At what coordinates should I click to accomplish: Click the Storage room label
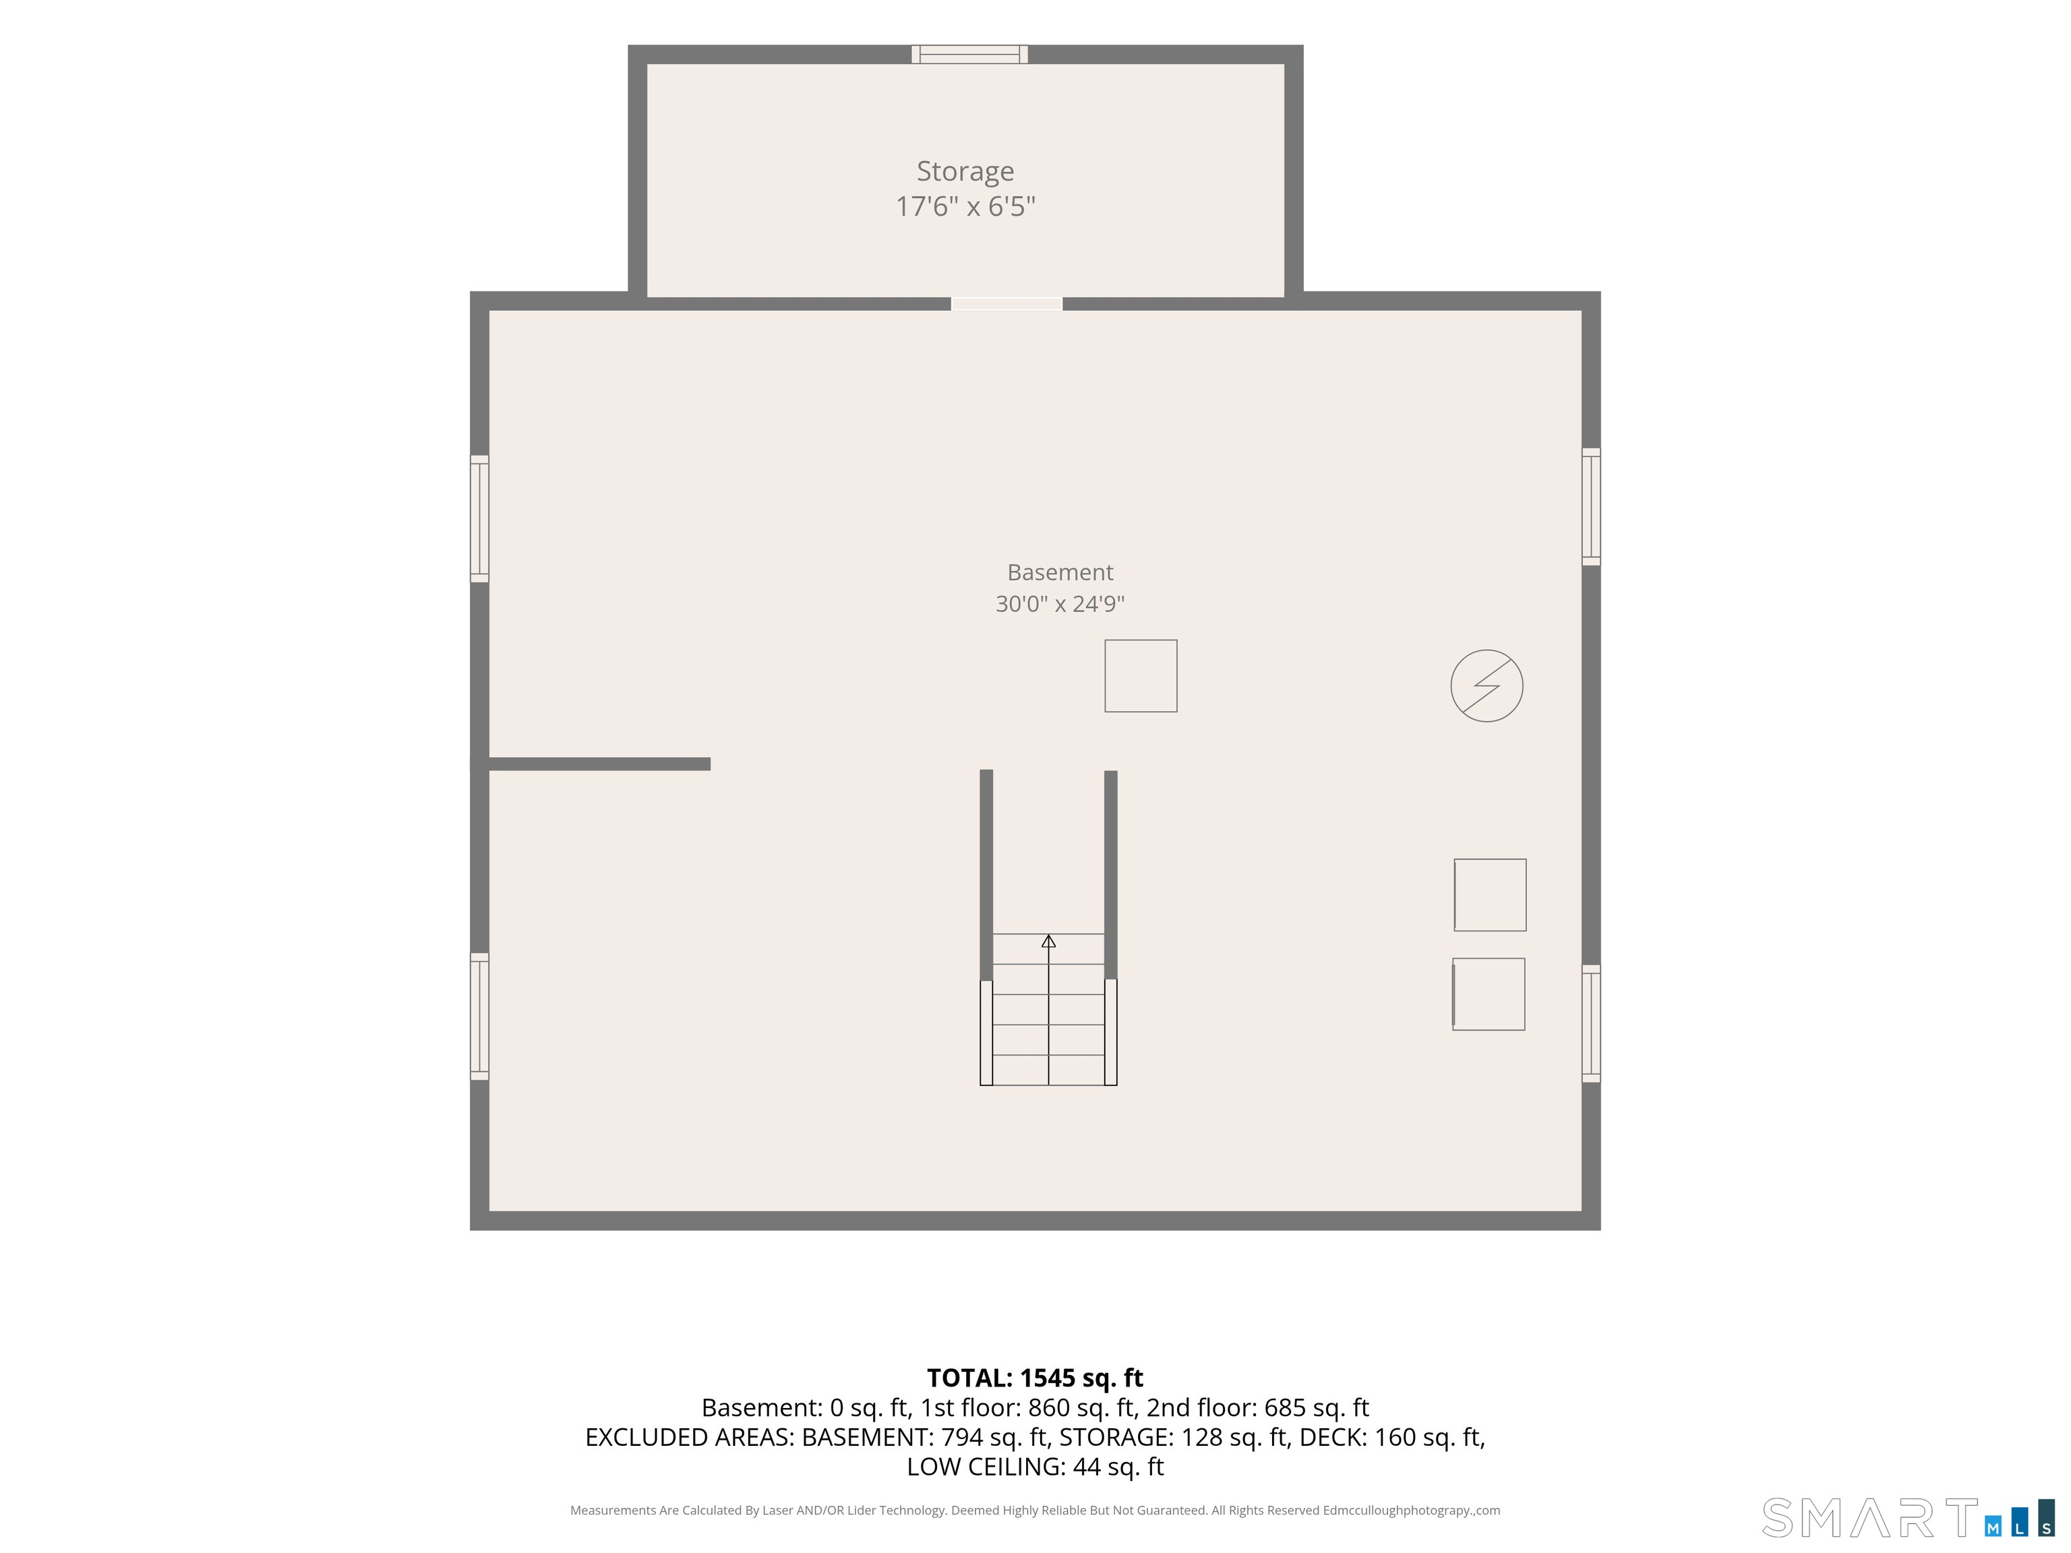[x=965, y=171]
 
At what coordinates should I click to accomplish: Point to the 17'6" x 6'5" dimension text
[x=965, y=206]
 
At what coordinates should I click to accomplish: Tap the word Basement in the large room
[x=1060, y=572]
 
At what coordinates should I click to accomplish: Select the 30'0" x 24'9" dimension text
[x=1060, y=604]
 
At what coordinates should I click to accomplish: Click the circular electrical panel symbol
[x=1487, y=686]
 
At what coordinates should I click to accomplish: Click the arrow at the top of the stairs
[x=1048, y=941]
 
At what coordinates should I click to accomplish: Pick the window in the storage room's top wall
[x=970, y=55]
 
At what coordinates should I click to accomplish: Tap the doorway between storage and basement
[x=1007, y=303]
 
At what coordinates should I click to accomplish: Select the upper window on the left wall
[x=479, y=518]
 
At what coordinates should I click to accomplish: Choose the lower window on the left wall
[x=479, y=1016]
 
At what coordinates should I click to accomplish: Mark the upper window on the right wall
[x=1592, y=506]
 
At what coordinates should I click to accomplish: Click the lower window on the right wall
[x=1592, y=1024]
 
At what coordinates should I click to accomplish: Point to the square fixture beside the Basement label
[x=1141, y=676]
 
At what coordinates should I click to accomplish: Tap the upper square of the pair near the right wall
[x=1490, y=895]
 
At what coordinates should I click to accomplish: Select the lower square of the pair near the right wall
[x=1489, y=994]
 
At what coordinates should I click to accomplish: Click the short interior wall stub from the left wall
[x=599, y=764]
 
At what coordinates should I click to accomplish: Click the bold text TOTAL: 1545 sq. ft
[x=1035, y=1378]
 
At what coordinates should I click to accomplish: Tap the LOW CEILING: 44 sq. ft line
[x=1035, y=1466]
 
